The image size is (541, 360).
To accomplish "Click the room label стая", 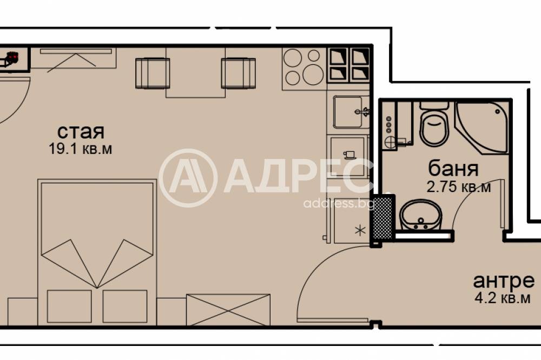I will click(81, 131).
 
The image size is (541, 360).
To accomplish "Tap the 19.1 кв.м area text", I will click(81, 149).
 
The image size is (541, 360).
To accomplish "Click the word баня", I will click(453, 169).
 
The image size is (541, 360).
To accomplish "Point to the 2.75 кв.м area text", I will click(458, 187).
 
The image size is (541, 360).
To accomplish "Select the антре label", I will click(504, 281).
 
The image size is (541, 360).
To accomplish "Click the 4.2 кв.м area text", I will click(502, 298).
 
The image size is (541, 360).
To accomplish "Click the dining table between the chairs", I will click(195, 72).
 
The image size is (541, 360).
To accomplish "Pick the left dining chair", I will click(153, 73).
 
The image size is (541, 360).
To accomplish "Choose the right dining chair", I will click(238, 73).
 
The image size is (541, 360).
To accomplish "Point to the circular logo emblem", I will click(188, 178).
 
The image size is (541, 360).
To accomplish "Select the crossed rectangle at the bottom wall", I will click(228, 310).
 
